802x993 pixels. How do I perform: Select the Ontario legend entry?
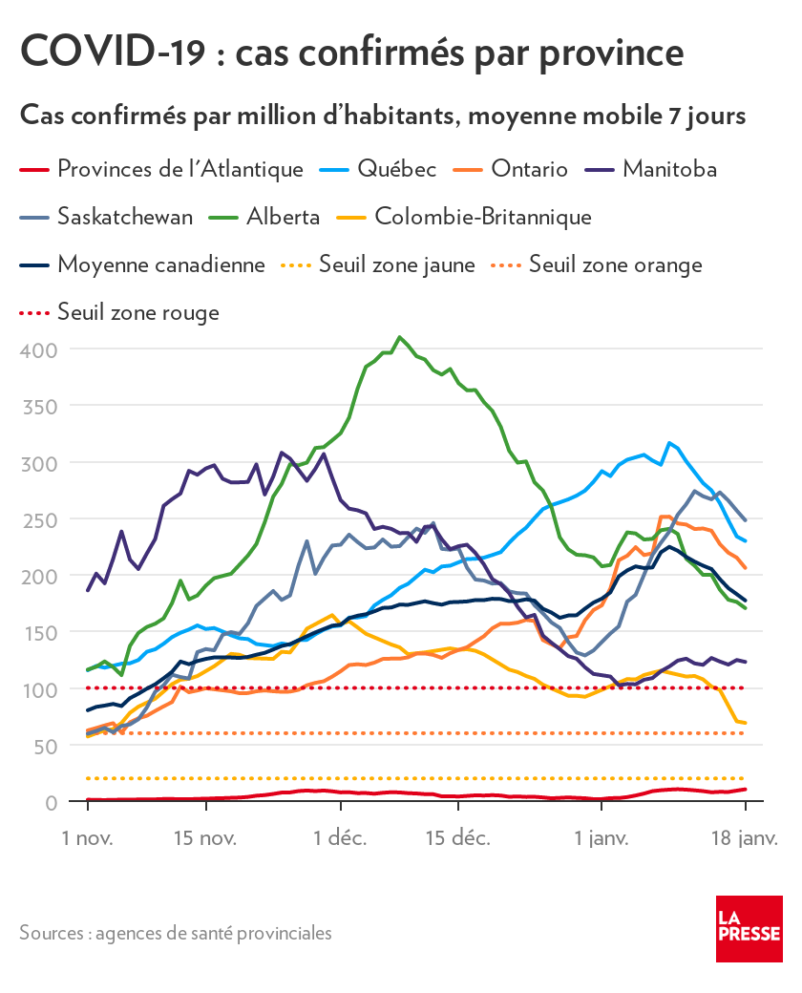(x=529, y=170)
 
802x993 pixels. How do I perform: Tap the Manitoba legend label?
(x=669, y=170)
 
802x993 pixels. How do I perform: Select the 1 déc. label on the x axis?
(x=341, y=839)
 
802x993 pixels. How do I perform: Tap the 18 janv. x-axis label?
(x=746, y=839)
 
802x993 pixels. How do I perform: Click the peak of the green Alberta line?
(x=400, y=337)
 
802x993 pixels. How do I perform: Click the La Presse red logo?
(x=749, y=929)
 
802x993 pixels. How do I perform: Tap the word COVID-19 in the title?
(x=112, y=52)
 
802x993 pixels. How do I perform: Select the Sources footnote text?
(x=176, y=932)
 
